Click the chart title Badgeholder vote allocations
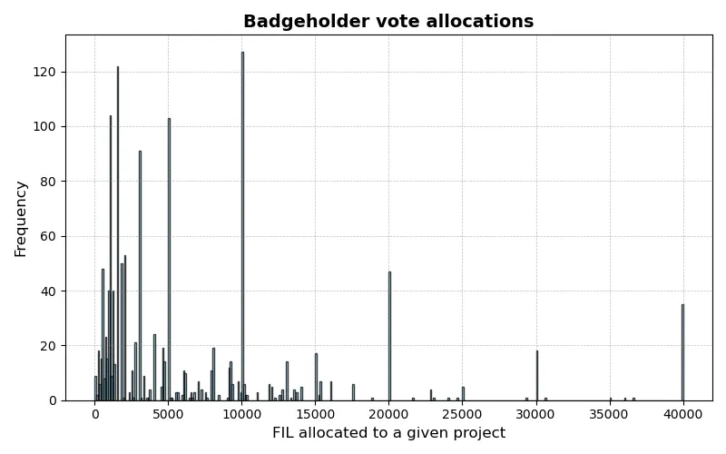[x=388, y=22]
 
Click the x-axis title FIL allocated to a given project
[x=388, y=433]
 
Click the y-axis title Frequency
[x=21, y=218]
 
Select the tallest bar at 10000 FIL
[x=242, y=227]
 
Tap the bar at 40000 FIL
[x=682, y=352]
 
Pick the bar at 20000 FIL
[x=389, y=336]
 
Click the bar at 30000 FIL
[x=536, y=376]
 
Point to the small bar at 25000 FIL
[x=463, y=394]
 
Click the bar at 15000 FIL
[x=316, y=377]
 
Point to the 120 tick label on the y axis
[x=47, y=72]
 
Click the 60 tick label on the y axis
[x=51, y=236]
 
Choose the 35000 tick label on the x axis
[x=609, y=413]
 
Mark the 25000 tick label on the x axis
[x=462, y=413]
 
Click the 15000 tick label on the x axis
[x=316, y=413]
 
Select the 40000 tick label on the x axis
[x=682, y=413]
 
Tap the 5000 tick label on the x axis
[x=169, y=413]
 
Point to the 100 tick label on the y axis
[x=47, y=126]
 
